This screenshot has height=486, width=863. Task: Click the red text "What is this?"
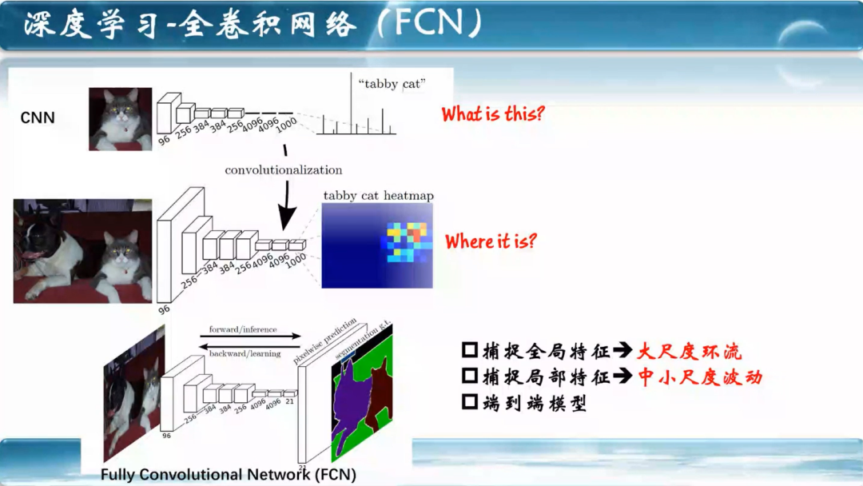(x=492, y=114)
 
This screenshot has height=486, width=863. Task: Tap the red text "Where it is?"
(x=491, y=241)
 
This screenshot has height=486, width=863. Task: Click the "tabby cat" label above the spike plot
(x=392, y=83)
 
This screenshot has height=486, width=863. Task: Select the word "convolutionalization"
(x=283, y=170)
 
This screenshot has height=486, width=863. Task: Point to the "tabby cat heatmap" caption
(x=378, y=196)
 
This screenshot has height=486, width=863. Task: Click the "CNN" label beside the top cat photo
(x=38, y=118)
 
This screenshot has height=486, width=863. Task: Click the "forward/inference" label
(x=243, y=329)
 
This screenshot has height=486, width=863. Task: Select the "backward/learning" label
(x=244, y=353)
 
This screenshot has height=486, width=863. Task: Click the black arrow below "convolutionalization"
(x=286, y=209)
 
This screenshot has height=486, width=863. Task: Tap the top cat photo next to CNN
(x=120, y=119)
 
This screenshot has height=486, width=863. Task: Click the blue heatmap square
(x=377, y=245)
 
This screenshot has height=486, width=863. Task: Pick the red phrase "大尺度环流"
(x=689, y=351)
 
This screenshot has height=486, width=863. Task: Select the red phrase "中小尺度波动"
(x=699, y=377)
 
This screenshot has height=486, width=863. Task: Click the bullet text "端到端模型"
(x=535, y=404)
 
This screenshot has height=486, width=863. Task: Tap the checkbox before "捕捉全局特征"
(x=470, y=351)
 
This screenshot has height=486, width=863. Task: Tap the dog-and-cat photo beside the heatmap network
(x=82, y=251)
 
